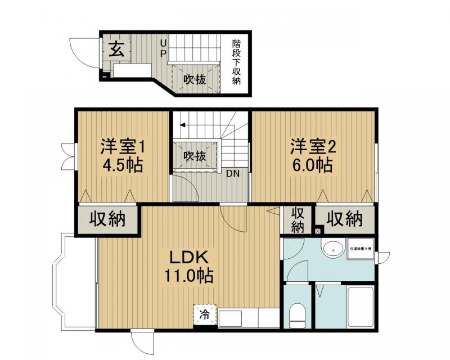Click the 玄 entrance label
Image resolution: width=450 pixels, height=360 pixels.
point(116,49)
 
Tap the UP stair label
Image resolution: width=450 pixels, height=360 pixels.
point(164,48)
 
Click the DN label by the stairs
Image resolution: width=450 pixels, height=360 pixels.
point(233,173)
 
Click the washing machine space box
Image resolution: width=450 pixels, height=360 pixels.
point(361,249)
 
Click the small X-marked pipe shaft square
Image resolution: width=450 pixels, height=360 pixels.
point(318,230)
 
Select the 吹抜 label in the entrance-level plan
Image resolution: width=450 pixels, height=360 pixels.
point(193,79)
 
